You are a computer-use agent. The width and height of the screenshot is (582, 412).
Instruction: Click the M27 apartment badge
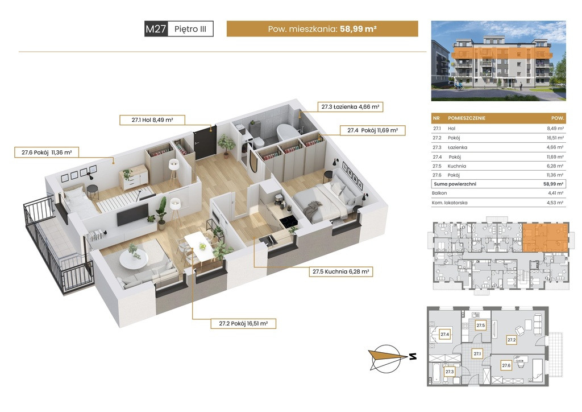coord(156,28)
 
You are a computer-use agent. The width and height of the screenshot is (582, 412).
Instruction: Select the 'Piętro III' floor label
coord(190,29)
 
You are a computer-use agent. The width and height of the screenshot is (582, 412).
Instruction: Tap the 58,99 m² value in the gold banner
coord(358,28)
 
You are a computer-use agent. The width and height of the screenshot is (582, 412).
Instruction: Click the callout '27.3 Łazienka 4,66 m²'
coord(350,106)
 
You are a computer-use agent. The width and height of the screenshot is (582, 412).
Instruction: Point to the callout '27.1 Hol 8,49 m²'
coord(152,120)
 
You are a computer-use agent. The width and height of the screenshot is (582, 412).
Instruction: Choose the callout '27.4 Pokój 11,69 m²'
coord(373,130)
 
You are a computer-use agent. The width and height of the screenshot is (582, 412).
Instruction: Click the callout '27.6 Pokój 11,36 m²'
coord(47,153)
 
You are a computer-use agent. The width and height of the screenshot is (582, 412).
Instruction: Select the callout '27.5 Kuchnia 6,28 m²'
coord(340,271)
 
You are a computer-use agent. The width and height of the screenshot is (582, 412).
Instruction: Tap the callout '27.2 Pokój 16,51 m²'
coord(243,324)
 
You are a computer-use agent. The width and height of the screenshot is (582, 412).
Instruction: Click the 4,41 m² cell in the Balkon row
coord(556,193)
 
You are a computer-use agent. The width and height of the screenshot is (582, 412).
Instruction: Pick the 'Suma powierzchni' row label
coord(455,184)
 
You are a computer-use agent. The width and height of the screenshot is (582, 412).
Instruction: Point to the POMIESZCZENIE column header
coord(467,118)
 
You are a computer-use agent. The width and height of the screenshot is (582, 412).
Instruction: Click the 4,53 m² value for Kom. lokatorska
coord(555,203)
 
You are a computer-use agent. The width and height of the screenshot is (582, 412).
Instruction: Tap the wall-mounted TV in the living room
coord(132,215)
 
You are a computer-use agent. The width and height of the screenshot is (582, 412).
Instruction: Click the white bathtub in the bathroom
coord(287,132)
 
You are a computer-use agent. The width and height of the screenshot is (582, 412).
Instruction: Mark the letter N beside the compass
coord(413,357)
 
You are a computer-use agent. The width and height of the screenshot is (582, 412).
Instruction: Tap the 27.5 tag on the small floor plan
coord(481,326)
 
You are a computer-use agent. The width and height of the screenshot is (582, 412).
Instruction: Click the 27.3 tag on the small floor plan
coord(450,372)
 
